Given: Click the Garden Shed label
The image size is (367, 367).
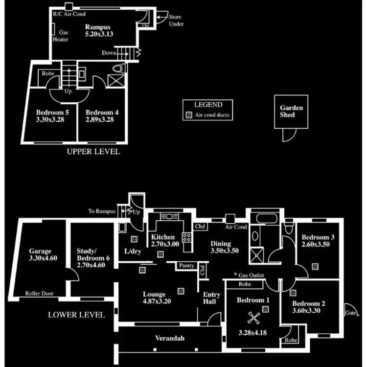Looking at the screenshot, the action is pyautogui.click(x=291, y=111).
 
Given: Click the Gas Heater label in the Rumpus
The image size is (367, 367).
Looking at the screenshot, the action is pyautogui.click(x=64, y=35).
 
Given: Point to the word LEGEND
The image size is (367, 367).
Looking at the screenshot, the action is pyautogui.click(x=208, y=105).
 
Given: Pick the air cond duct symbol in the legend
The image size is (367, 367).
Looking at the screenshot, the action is pyautogui.click(x=188, y=115).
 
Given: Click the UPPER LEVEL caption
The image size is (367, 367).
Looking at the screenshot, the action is pyautogui.click(x=93, y=152).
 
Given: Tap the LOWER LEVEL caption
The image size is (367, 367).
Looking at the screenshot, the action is pyautogui.click(x=76, y=315).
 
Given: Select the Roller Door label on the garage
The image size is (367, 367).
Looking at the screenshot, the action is pyautogui.click(x=40, y=294).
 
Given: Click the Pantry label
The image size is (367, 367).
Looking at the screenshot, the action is pyautogui.click(x=187, y=266).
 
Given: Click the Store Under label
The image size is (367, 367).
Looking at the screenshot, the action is pyautogui.click(x=176, y=20).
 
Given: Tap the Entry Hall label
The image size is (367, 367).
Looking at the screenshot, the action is pyautogui.click(x=212, y=298).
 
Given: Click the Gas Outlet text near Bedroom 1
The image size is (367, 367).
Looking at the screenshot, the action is pyautogui.click(x=251, y=275).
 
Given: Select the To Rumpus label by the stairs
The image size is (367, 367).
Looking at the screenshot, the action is pyautogui.click(x=102, y=211).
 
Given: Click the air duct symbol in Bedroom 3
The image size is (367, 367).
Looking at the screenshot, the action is pyautogui.click(x=315, y=266).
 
